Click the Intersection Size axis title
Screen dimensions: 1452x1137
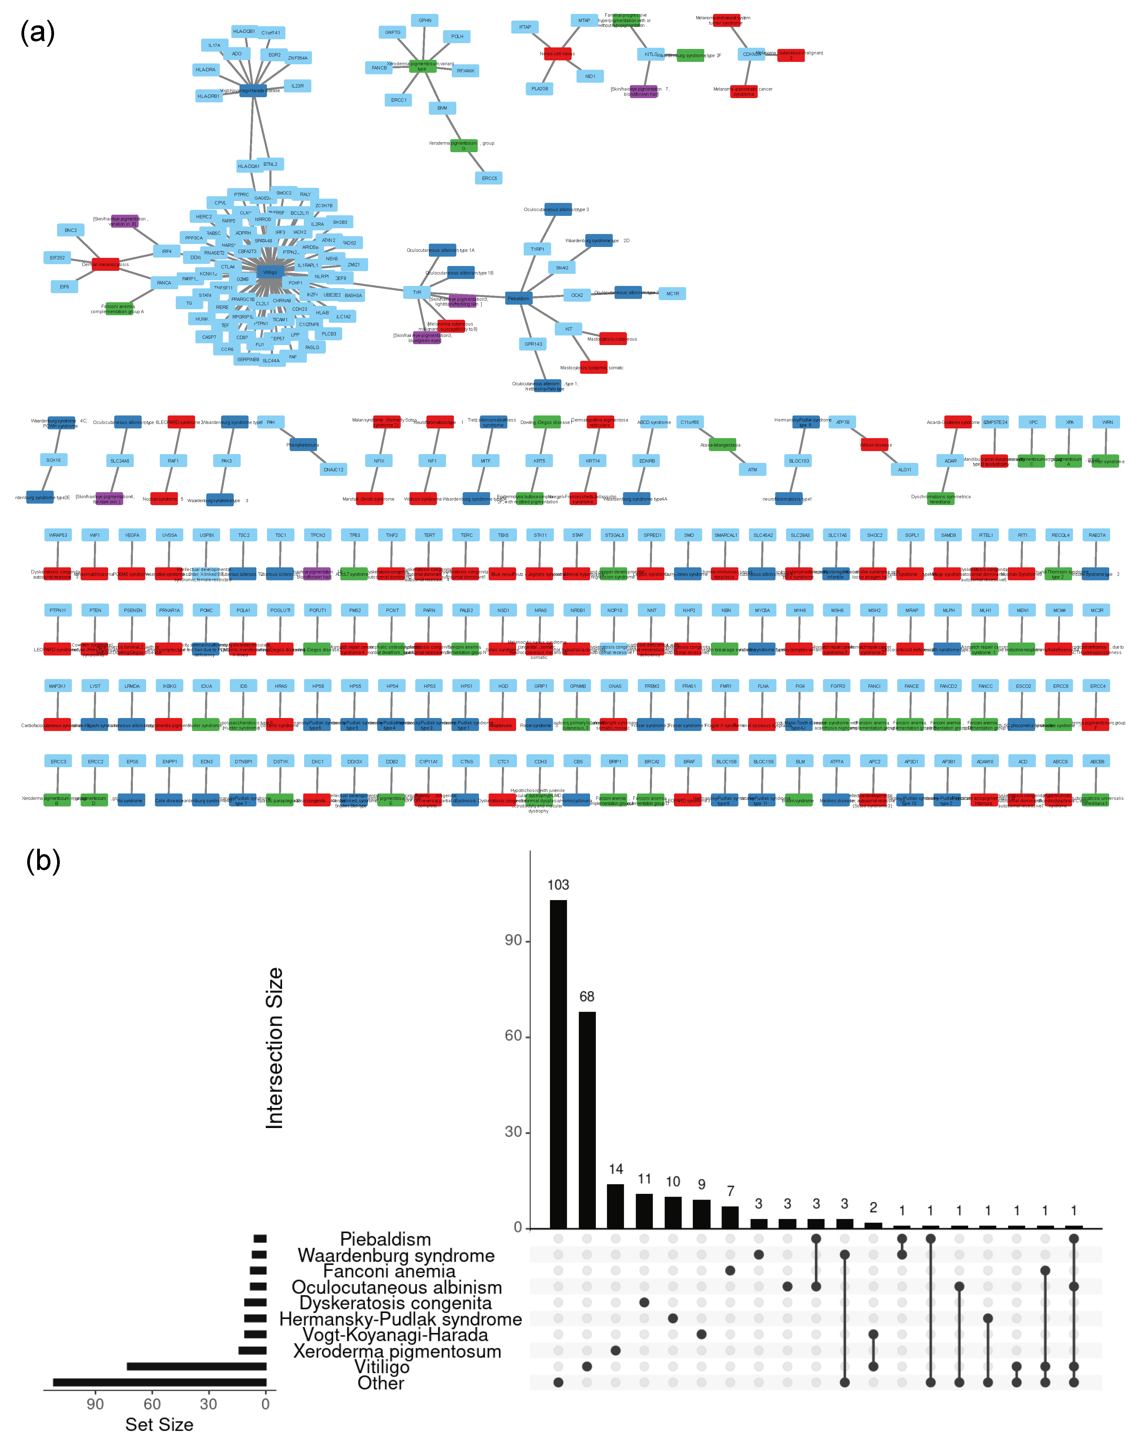point(274,1048)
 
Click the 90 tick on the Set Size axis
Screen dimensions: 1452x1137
point(95,1404)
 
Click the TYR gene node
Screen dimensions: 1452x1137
point(417,292)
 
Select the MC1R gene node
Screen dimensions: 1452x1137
point(672,293)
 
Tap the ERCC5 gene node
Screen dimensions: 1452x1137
point(489,178)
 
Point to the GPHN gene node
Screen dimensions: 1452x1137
point(425,21)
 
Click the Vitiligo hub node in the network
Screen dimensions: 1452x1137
point(270,272)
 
